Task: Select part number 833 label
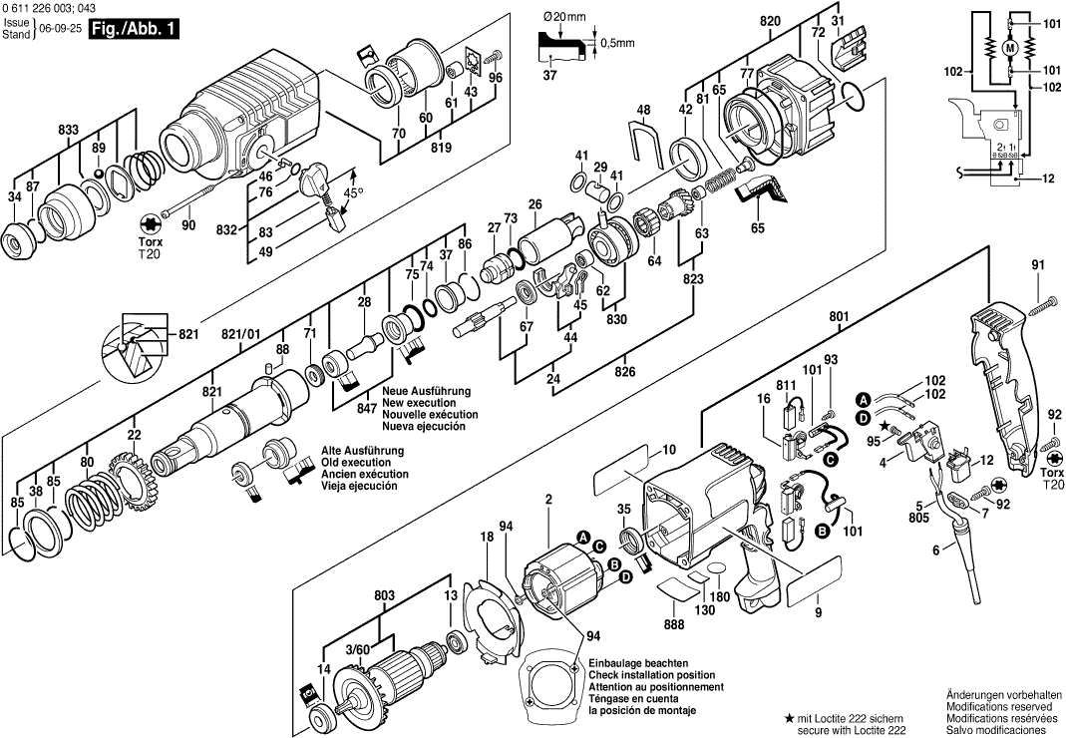click(x=69, y=131)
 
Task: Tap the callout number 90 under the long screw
click(x=188, y=226)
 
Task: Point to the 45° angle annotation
click(x=354, y=191)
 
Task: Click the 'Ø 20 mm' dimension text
click(x=566, y=17)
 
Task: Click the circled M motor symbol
click(x=1008, y=48)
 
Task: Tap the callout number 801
click(x=839, y=318)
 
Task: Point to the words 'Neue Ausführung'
click(x=426, y=391)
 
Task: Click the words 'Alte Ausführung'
click(x=359, y=450)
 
